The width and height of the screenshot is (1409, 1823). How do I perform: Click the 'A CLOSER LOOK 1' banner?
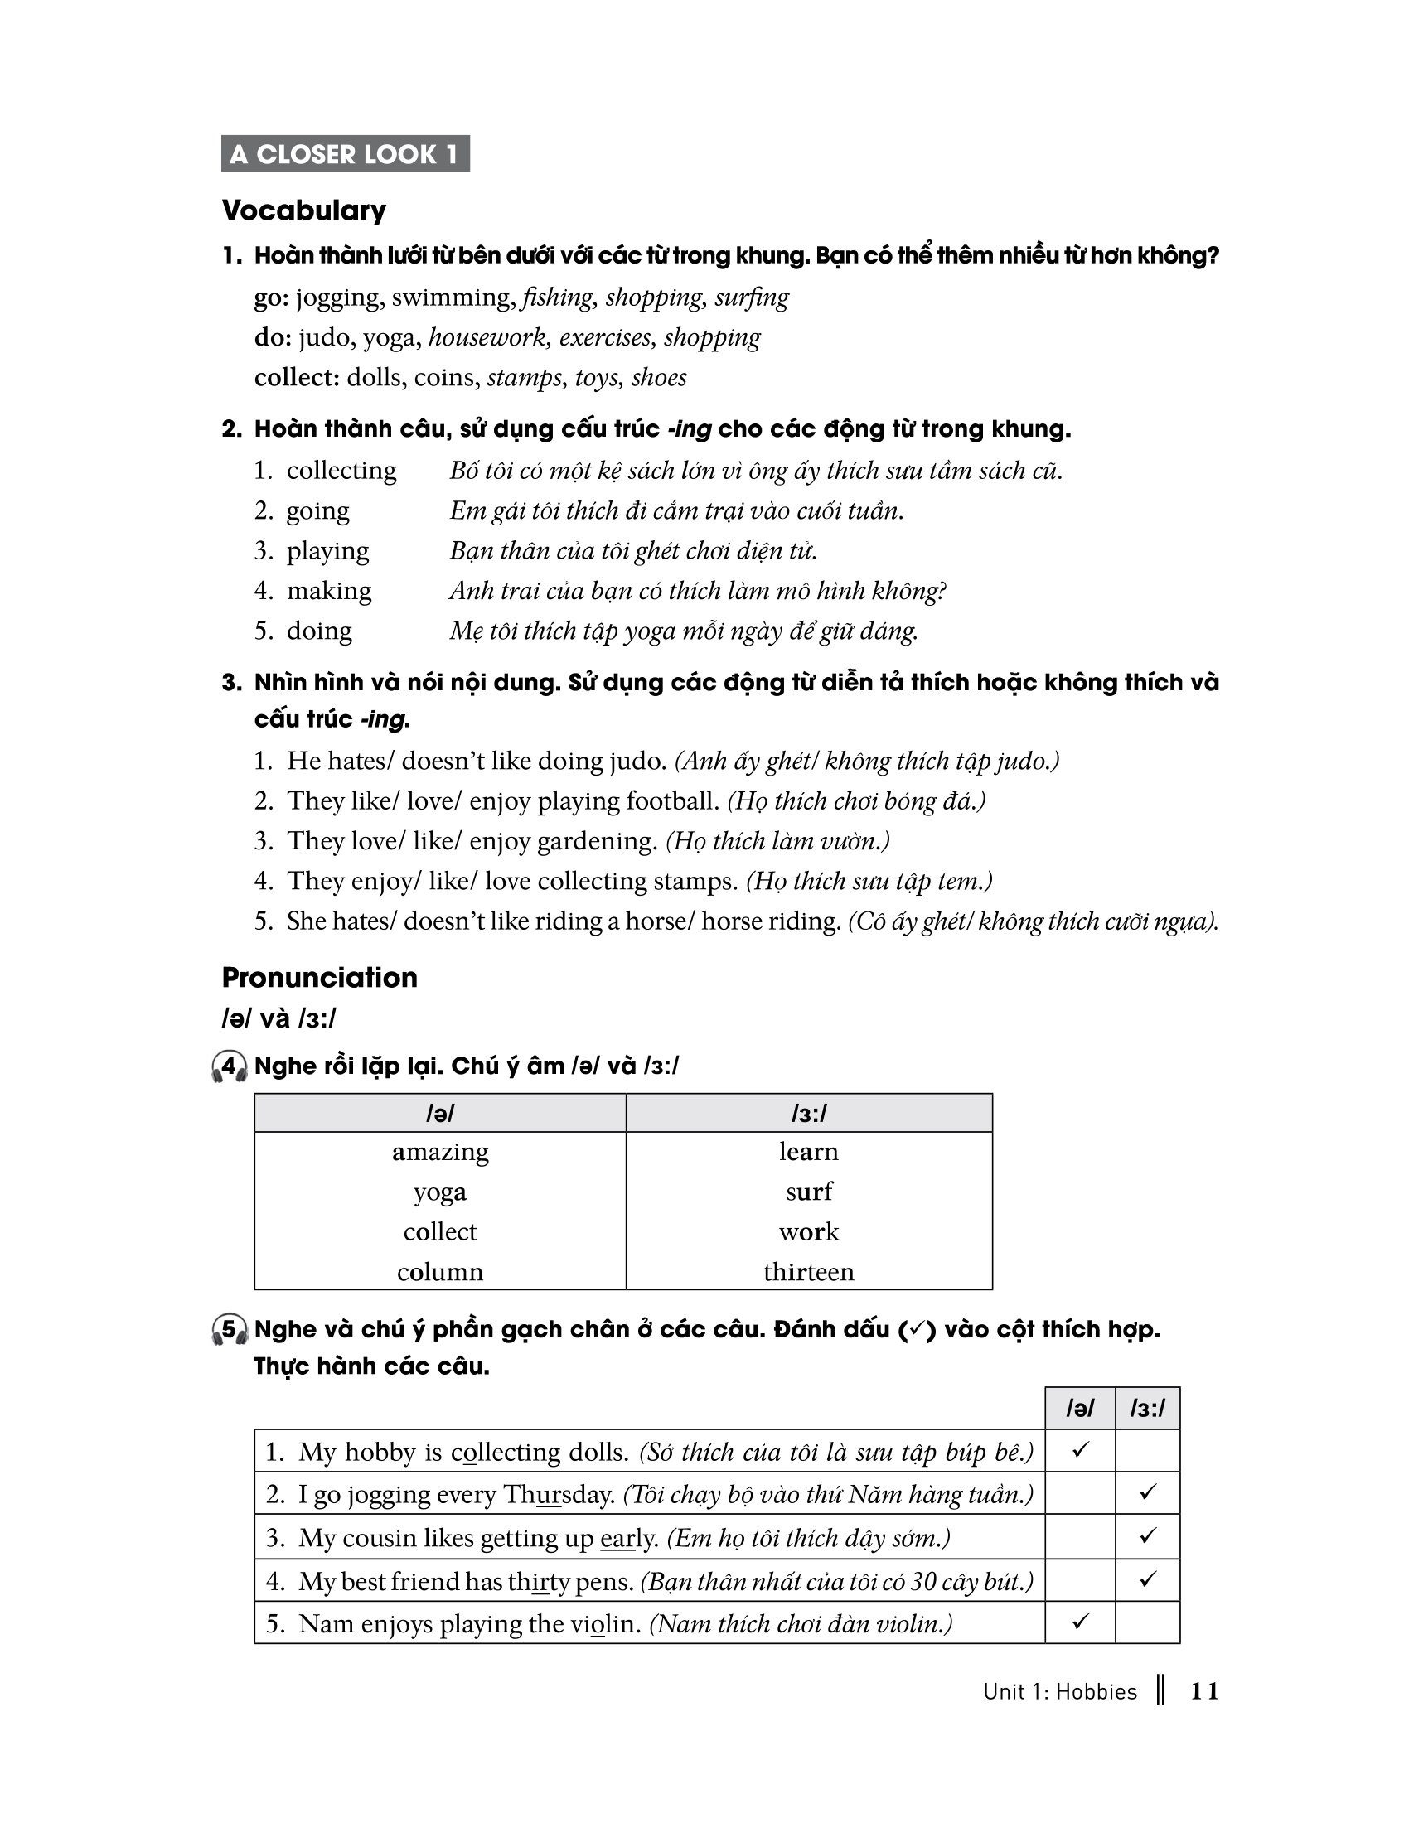pos(345,153)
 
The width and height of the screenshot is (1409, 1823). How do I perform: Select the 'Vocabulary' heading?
pos(304,210)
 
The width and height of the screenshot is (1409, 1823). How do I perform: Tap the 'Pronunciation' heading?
pos(319,978)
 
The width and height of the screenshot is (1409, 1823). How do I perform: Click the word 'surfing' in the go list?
pos(751,297)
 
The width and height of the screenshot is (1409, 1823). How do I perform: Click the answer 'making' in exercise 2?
pos(329,591)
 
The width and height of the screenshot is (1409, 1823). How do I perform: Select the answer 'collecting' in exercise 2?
pos(341,471)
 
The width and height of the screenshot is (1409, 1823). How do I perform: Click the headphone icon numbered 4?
pos(229,1066)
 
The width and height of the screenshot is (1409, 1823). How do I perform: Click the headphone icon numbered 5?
pos(229,1330)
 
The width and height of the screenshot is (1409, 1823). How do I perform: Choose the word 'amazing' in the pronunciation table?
pos(440,1152)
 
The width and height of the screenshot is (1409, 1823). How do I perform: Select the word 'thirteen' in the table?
pos(808,1272)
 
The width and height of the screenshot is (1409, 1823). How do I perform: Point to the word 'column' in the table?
pos(440,1272)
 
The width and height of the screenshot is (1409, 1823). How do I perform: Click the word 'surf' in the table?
pos(808,1192)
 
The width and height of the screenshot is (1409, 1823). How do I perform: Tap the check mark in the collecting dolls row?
pos(1080,1450)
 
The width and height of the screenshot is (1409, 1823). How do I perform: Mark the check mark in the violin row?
pos(1080,1622)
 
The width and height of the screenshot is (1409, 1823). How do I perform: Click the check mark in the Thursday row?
pos(1148,1492)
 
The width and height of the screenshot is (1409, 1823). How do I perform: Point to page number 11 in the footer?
pos(1203,1692)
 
